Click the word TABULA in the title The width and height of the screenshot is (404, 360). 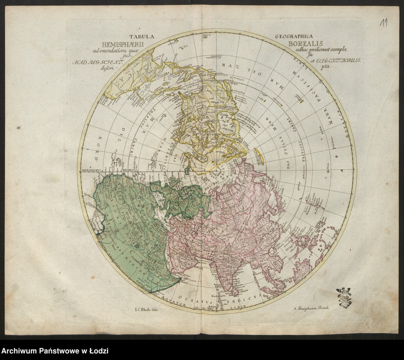point(142,36)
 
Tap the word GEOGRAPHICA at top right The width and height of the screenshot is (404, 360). point(294,36)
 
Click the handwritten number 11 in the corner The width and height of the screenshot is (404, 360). point(385,23)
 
